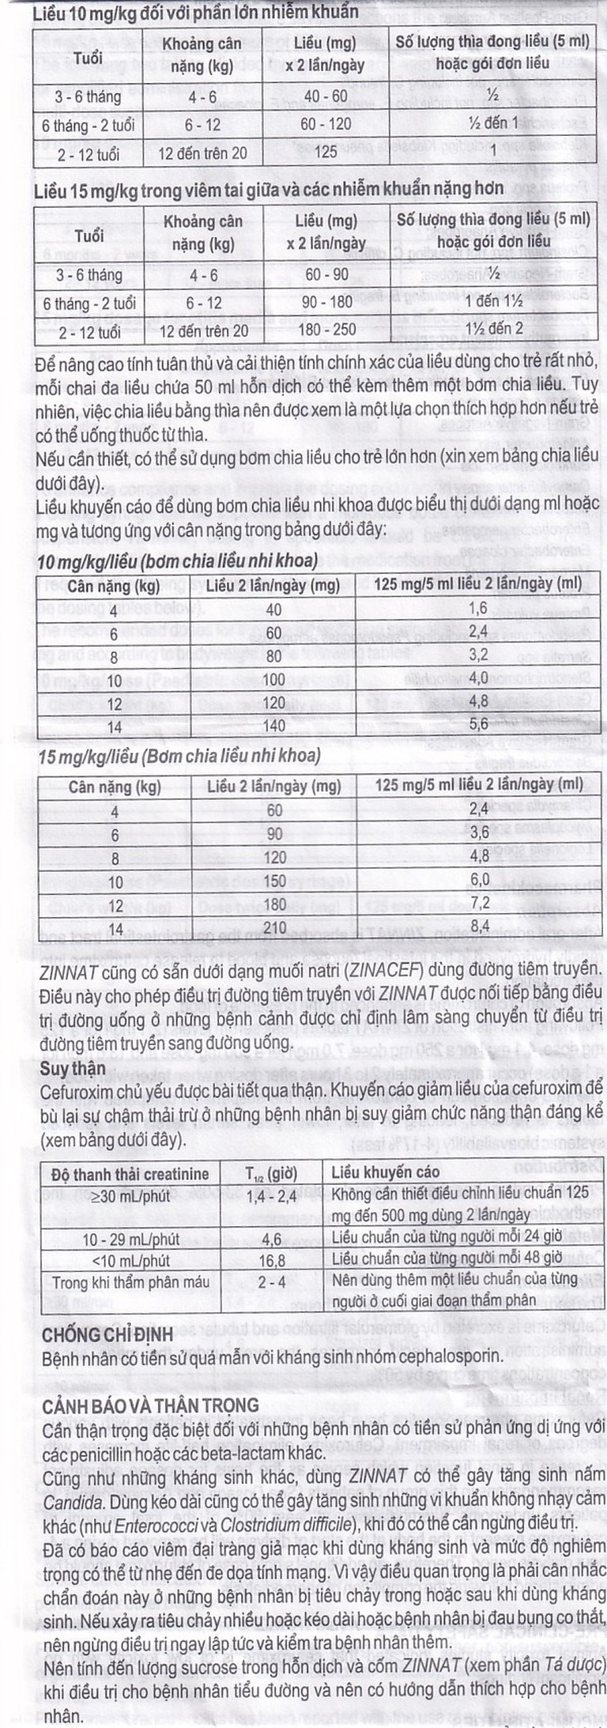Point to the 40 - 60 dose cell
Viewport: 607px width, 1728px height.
point(326,96)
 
